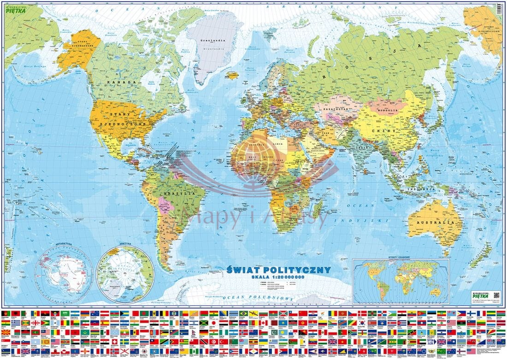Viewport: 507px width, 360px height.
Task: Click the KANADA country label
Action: point(122,82)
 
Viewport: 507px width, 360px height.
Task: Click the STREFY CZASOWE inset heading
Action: point(401,258)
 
